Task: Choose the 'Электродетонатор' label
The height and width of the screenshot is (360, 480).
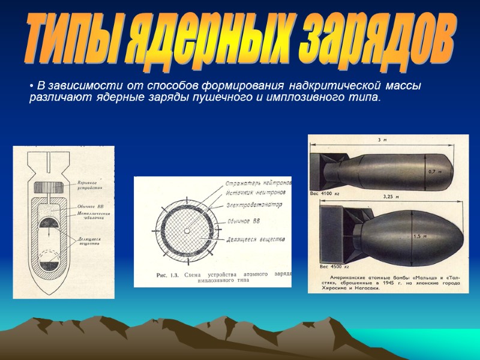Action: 256,205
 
